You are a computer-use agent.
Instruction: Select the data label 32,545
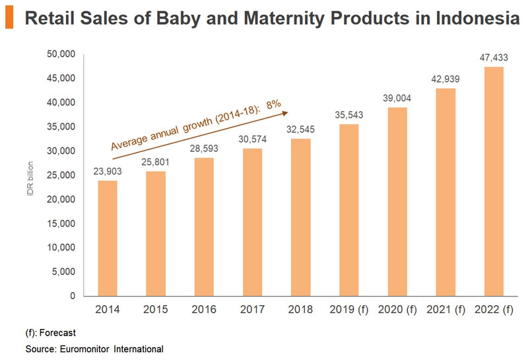pos(301,129)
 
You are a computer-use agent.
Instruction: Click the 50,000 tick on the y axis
pos(61,54)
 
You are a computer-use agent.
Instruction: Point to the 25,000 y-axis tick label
pos(61,175)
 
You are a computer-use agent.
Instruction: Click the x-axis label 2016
pos(205,309)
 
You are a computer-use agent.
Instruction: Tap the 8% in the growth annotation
pos(273,104)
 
